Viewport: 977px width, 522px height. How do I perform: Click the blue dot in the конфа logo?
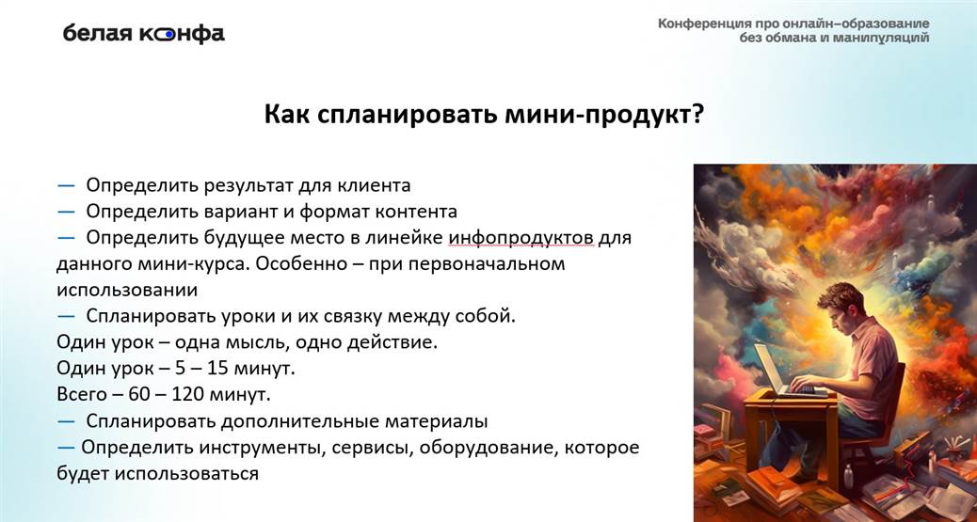click(x=169, y=35)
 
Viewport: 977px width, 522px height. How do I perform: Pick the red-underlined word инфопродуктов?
click(x=521, y=239)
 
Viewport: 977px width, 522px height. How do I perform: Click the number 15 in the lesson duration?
click(x=216, y=369)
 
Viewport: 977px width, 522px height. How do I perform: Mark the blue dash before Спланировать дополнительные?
click(x=66, y=421)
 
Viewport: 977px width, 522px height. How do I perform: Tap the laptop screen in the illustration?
click(x=771, y=368)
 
